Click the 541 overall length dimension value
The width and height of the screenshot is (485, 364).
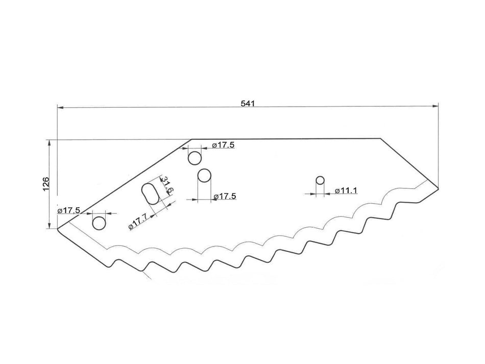[247, 103]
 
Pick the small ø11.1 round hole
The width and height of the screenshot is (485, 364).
[320, 180]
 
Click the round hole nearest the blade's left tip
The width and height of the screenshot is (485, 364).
[99, 223]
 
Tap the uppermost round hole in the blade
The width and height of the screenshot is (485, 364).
[195, 158]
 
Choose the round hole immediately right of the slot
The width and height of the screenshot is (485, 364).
[205, 176]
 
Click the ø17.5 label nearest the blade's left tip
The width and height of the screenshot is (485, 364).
[68, 210]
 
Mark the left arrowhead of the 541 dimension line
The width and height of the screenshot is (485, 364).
[60, 108]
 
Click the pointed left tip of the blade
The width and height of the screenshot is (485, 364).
[58, 229]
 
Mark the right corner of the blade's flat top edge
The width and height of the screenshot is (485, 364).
[380, 138]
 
